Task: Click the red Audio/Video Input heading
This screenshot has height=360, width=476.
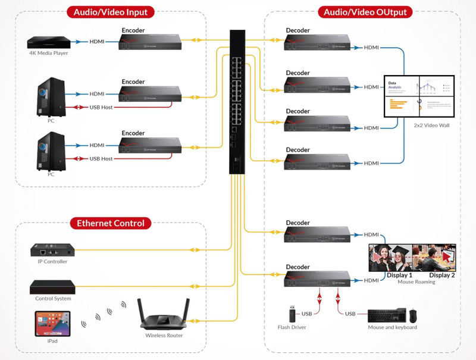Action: pyautogui.click(x=111, y=12)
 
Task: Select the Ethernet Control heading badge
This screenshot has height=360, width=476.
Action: pyautogui.click(x=110, y=223)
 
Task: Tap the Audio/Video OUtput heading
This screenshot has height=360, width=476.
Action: pyautogui.click(x=366, y=12)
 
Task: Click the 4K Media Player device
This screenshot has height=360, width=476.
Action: pyautogui.click(x=49, y=42)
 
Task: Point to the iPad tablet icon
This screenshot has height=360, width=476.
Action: pyautogui.click(x=52, y=324)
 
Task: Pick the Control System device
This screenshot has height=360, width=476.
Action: pyautogui.click(x=52, y=287)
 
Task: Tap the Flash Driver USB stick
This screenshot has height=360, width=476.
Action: pyautogui.click(x=291, y=314)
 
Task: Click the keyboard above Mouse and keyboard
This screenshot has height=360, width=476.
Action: pyautogui.click(x=388, y=315)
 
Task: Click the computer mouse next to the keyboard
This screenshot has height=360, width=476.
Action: pyautogui.click(x=421, y=315)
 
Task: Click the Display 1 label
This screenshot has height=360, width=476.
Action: pyautogui.click(x=399, y=276)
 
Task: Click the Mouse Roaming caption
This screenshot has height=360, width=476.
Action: pyautogui.click(x=416, y=282)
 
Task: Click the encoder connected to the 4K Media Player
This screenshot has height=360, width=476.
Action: pyautogui.click(x=152, y=42)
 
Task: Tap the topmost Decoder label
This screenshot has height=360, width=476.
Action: pyautogui.click(x=297, y=31)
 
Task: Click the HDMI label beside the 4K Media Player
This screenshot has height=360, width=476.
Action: pyautogui.click(x=96, y=42)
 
